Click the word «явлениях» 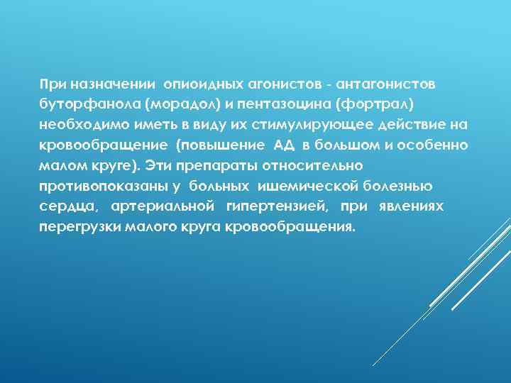point(412,206)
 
